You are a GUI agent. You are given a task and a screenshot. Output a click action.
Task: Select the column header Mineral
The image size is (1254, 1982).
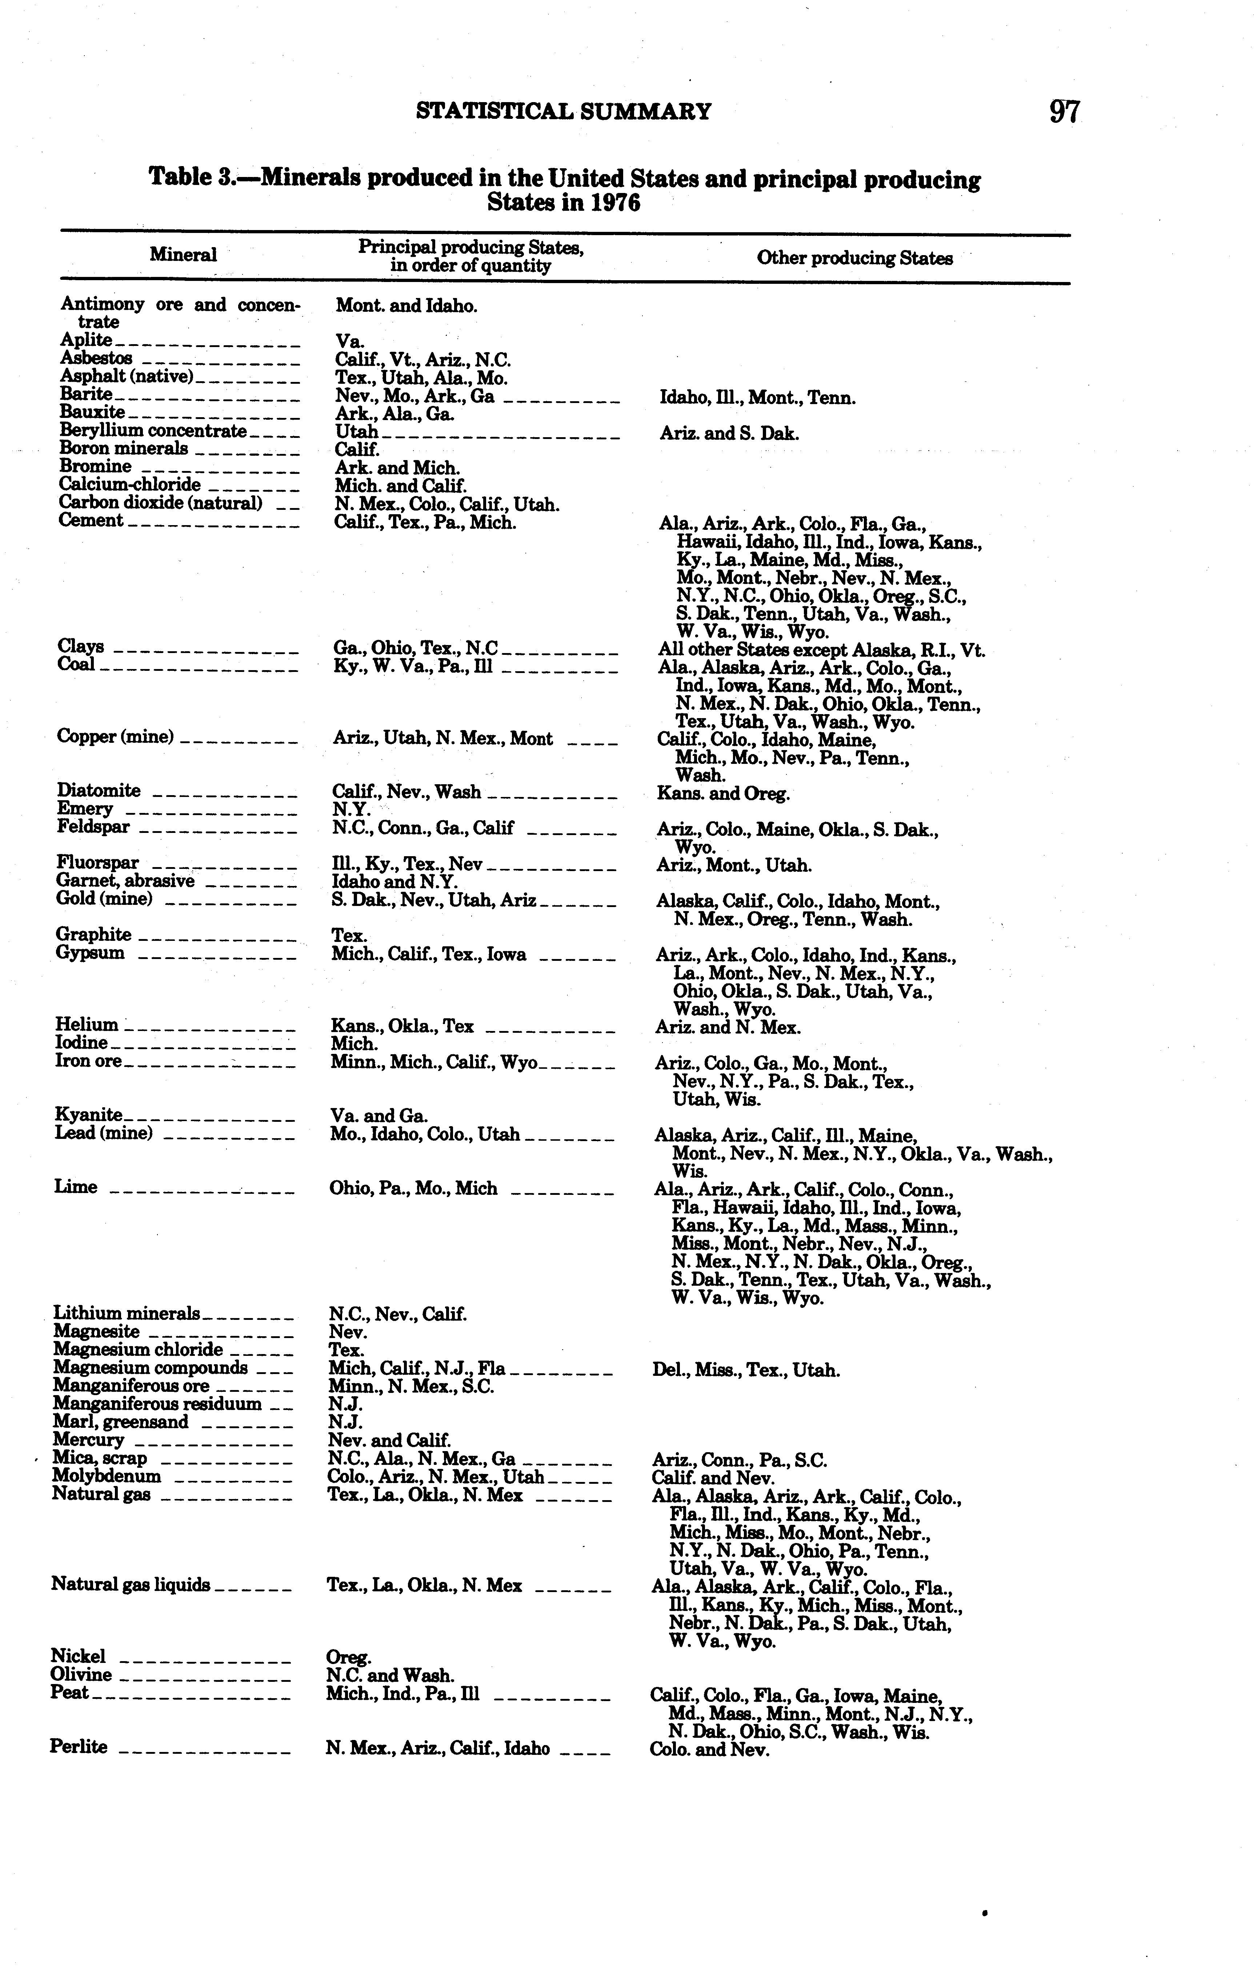tap(183, 255)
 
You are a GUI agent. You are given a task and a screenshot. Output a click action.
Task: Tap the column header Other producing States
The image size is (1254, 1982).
tap(855, 258)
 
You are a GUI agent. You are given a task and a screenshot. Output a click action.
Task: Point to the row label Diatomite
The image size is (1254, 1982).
tap(98, 791)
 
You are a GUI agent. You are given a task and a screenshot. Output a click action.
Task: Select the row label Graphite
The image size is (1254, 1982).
tap(93, 934)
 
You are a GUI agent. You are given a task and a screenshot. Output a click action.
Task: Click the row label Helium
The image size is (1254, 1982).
tap(87, 1025)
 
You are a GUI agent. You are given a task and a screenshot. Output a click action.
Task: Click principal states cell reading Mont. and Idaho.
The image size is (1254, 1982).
tap(406, 306)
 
